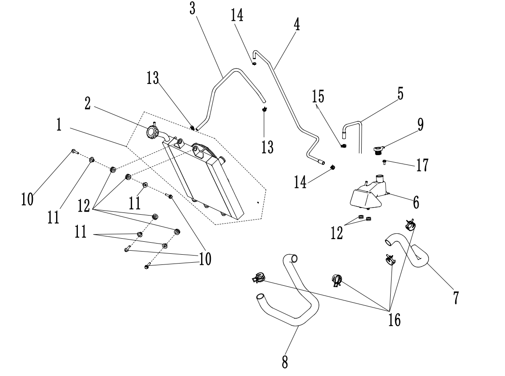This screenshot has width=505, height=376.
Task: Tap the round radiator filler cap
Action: (x=153, y=132)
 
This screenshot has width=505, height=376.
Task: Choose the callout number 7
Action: (x=455, y=297)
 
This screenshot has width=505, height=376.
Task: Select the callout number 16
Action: (x=394, y=319)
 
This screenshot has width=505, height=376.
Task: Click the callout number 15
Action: (x=318, y=96)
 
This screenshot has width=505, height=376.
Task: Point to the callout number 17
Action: (x=422, y=165)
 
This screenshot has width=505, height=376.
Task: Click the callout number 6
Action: (x=416, y=202)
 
